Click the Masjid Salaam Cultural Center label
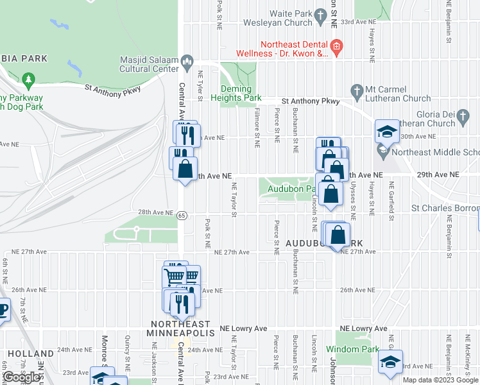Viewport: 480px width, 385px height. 149,64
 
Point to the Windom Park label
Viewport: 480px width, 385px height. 348,349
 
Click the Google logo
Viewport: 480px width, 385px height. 22,377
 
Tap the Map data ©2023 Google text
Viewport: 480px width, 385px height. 441,380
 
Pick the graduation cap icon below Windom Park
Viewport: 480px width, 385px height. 390,362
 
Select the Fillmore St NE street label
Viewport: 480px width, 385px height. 257,127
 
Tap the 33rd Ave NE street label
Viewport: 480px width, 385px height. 357,22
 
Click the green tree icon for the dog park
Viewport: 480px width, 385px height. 28,80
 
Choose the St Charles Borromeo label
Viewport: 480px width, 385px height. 445,209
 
